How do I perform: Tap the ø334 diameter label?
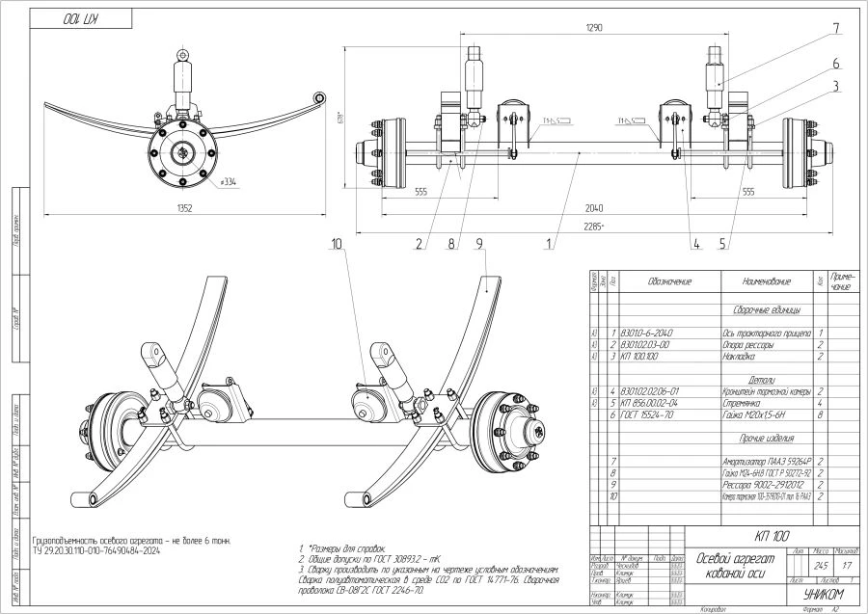click(229, 180)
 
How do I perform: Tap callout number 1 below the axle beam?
click(549, 245)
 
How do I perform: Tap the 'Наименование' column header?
click(767, 282)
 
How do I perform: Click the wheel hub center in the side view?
click(180, 152)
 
